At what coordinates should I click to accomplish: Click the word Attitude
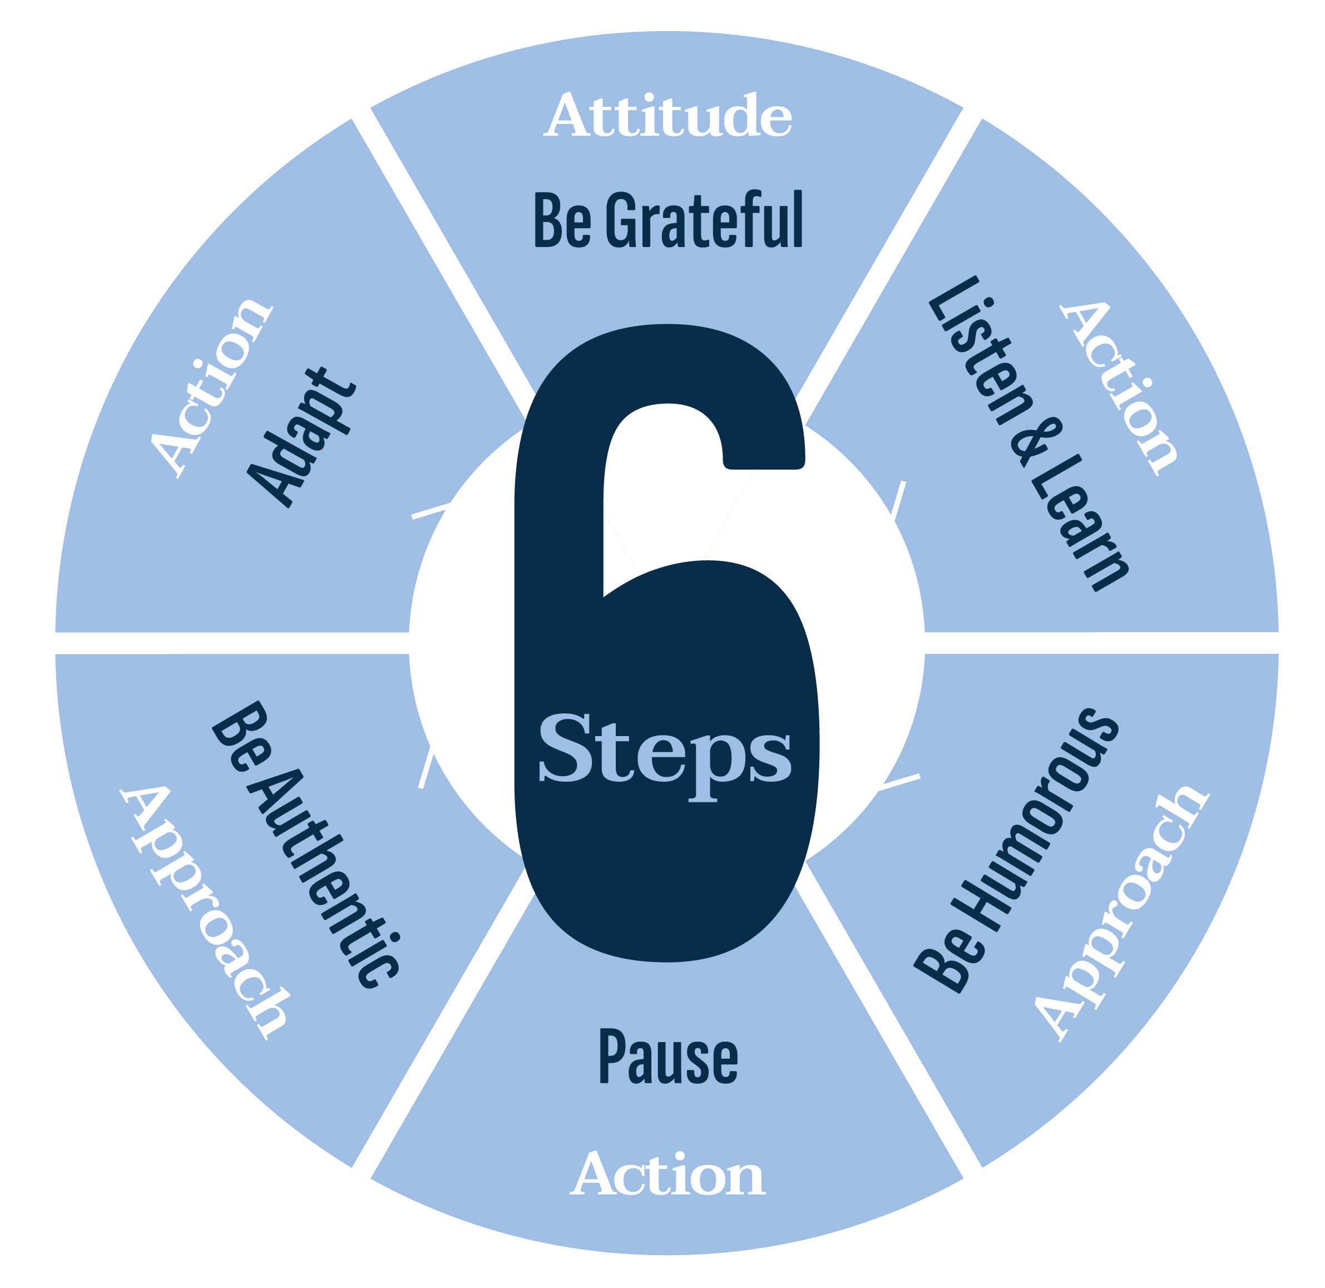(668, 116)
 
